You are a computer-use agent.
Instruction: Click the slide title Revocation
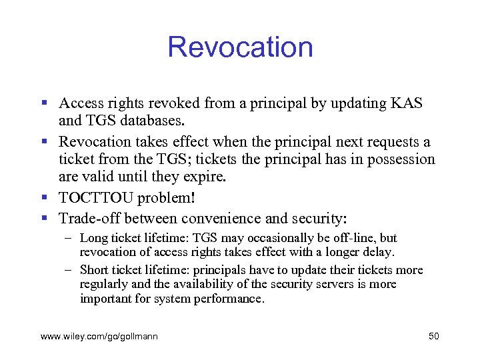point(240,47)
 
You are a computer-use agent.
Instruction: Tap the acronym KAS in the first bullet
point(407,103)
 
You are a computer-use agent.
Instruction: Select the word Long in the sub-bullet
point(93,238)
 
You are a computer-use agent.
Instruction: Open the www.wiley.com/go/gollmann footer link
point(99,337)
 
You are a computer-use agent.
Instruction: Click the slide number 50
point(434,337)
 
